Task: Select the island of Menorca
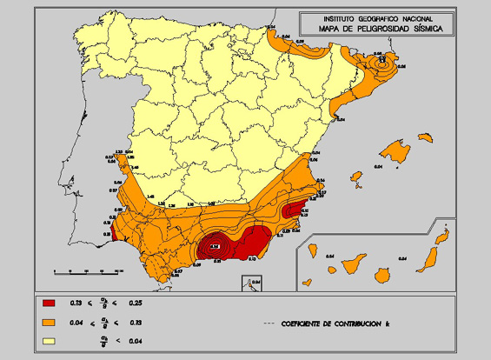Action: pos(425,137)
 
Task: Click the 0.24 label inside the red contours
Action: pos(214,246)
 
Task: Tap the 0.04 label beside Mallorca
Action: pos(380,164)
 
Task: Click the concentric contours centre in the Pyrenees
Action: pos(380,63)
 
